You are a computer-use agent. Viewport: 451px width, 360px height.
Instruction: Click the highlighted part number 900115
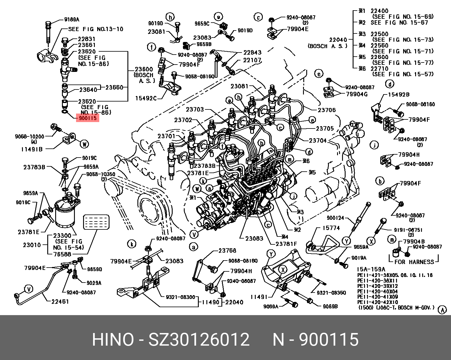(x=87, y=118)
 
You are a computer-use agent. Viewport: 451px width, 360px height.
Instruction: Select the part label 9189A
(x=72, y=20)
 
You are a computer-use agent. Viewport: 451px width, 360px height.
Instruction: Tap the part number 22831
(x=87, y=39)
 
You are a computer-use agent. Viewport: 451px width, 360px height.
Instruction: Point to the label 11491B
(x=32, y=149)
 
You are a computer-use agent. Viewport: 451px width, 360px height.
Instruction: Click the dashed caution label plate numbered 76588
(x=96, y=222)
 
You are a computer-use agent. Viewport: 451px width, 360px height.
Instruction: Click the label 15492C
(x=146, y=98)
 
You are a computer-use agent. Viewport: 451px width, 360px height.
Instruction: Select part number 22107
(x=252, y=60)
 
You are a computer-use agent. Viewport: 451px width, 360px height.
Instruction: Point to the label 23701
(x=166, y=136)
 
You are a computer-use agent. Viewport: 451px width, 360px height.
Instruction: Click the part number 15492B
(x=398, y=94)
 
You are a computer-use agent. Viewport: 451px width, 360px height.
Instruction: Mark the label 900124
(x=335, y=218)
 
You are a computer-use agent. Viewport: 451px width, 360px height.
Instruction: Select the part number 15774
(x=331, y=228)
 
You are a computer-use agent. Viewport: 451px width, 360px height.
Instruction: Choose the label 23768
(x=227, y=251)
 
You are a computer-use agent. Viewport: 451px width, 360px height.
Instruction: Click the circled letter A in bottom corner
(x=442, y=310)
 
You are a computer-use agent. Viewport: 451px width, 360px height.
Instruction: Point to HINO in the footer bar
(x=113, y=340)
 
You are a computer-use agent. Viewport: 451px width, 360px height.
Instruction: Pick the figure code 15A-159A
(x=371, y=269)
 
